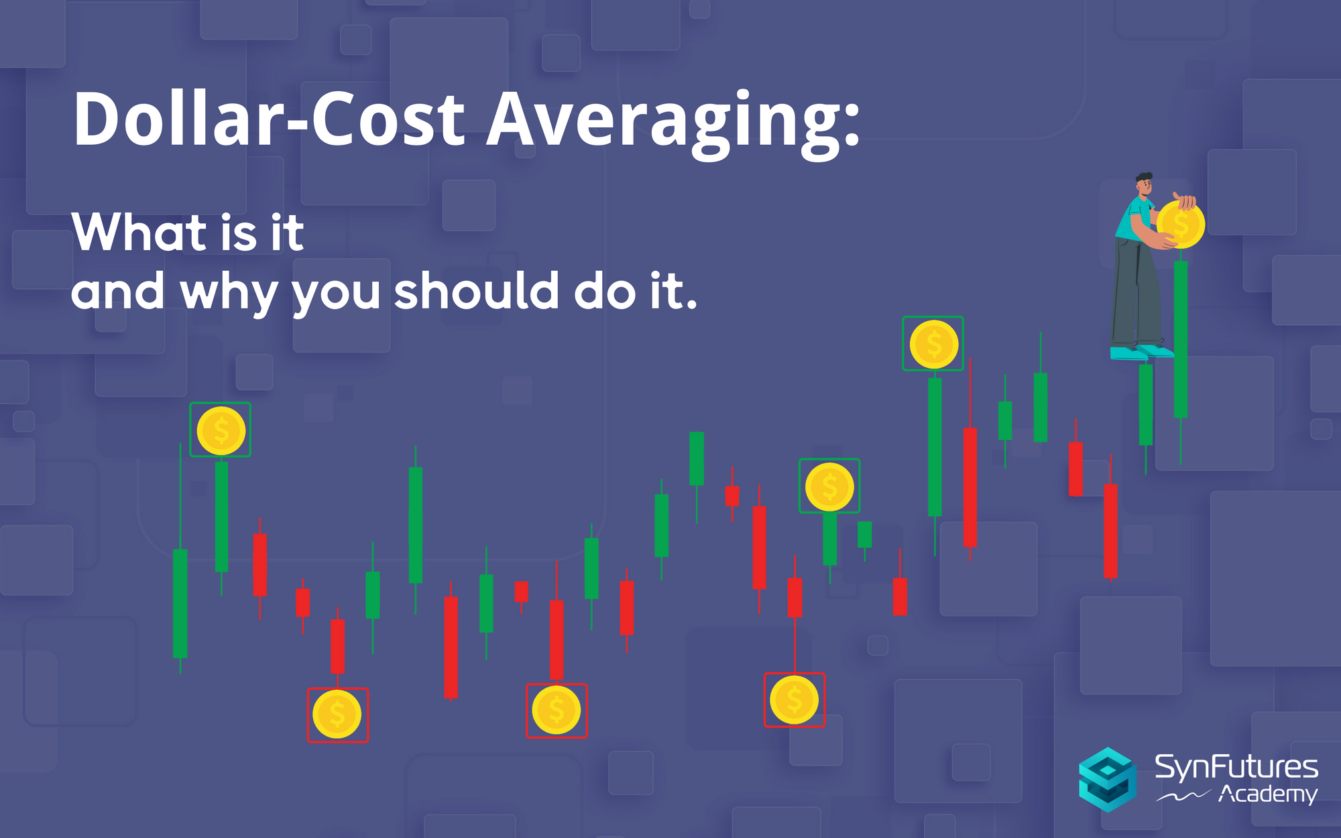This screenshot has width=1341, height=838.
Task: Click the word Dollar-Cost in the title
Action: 269,119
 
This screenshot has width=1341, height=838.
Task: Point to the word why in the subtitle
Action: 229,292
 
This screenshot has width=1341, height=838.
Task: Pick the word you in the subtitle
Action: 336,295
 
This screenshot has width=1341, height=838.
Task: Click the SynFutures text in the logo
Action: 1236,768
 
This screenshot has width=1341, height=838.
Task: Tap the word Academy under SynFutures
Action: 1267,794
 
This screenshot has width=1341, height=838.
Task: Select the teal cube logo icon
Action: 1108,780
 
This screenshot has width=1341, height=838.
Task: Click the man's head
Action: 1144,184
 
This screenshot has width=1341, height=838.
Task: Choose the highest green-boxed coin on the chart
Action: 933,345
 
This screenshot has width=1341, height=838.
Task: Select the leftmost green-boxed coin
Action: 221,430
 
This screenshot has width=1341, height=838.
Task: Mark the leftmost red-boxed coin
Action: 337,715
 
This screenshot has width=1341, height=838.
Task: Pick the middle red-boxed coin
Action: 557,710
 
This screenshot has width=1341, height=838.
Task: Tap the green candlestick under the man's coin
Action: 1181,339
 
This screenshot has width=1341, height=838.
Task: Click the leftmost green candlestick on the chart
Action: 180,603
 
